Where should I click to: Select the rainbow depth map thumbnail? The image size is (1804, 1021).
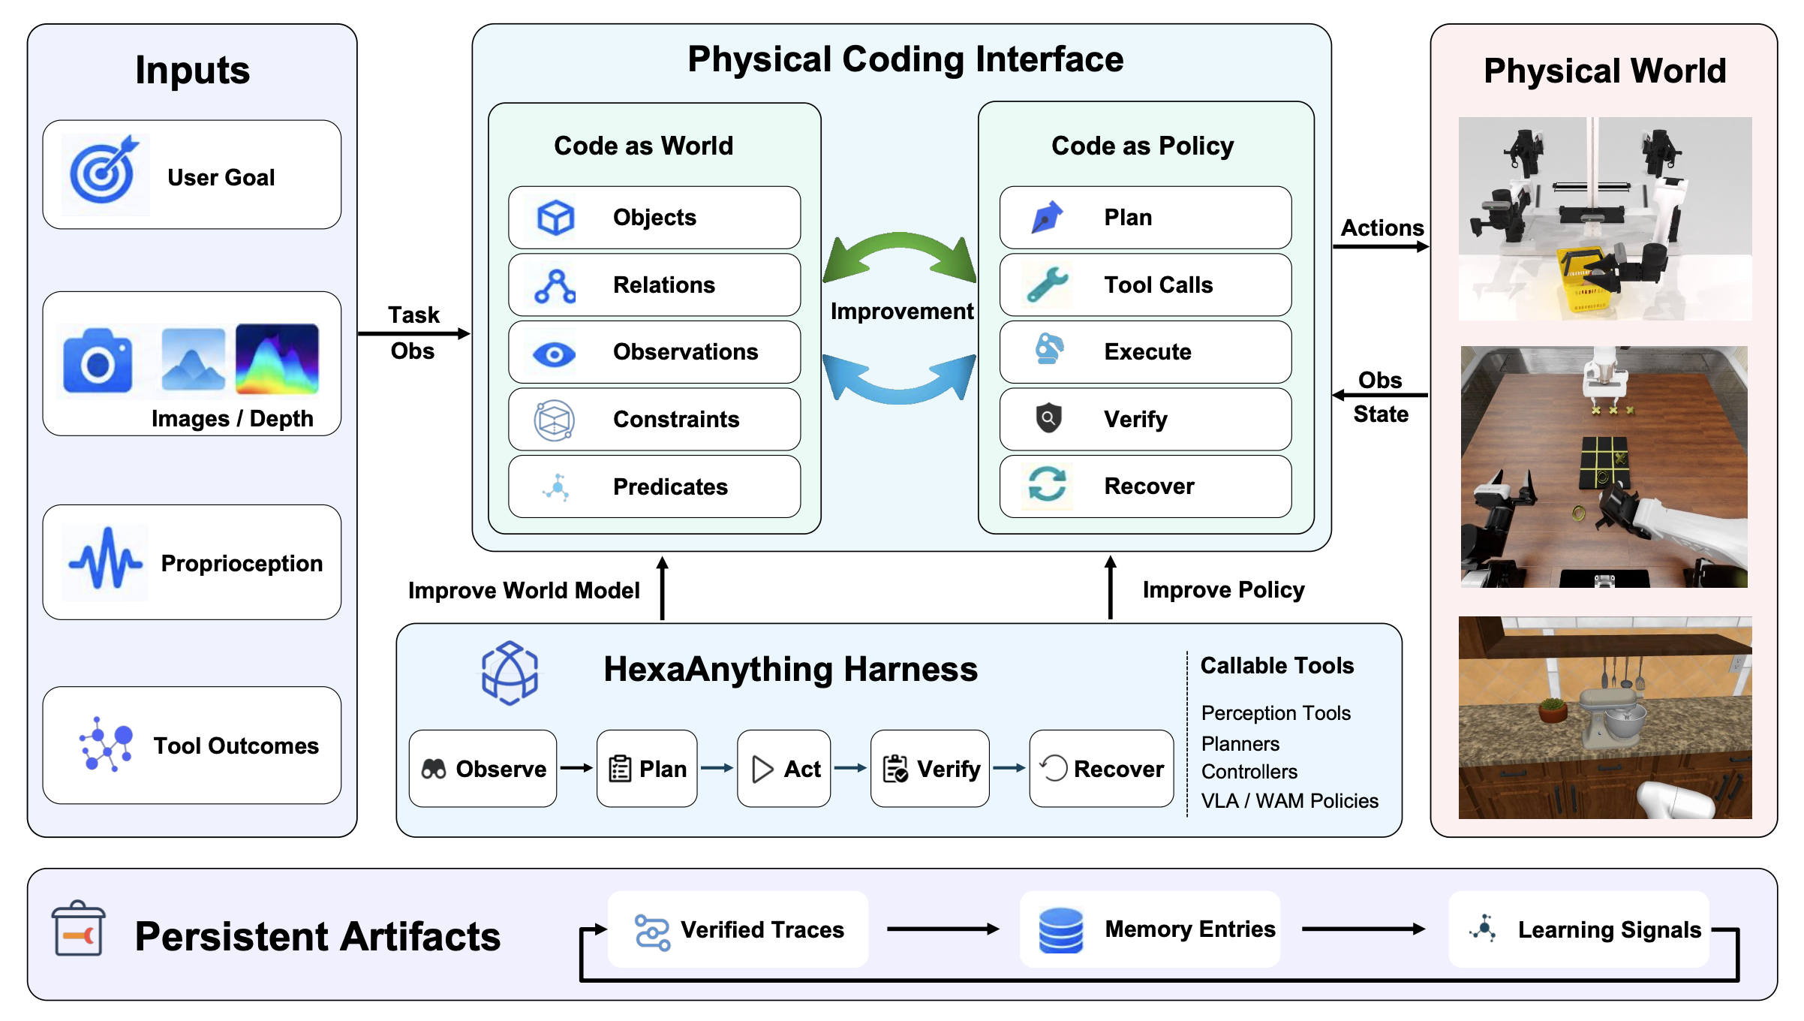coord(277,359)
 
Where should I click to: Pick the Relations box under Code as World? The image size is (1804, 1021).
coord(654,285)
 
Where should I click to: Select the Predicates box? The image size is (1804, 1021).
coord(654,486)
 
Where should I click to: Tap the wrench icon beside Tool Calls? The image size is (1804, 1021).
coord(1048,285)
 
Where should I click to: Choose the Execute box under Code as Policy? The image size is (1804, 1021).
coord(1145,352)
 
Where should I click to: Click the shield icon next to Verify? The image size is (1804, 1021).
coord(1048,417)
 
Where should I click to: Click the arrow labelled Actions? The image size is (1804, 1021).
coord(1381,247)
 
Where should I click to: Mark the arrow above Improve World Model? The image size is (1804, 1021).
coord(663,588)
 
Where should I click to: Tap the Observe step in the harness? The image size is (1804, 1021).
coord(483,769)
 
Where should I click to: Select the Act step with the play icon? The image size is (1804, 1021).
coord(783,769)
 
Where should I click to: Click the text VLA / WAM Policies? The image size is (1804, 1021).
coord(1289,801)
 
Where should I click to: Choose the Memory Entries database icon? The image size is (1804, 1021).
coord(1060,930)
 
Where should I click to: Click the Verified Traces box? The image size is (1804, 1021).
coord(738,929)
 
